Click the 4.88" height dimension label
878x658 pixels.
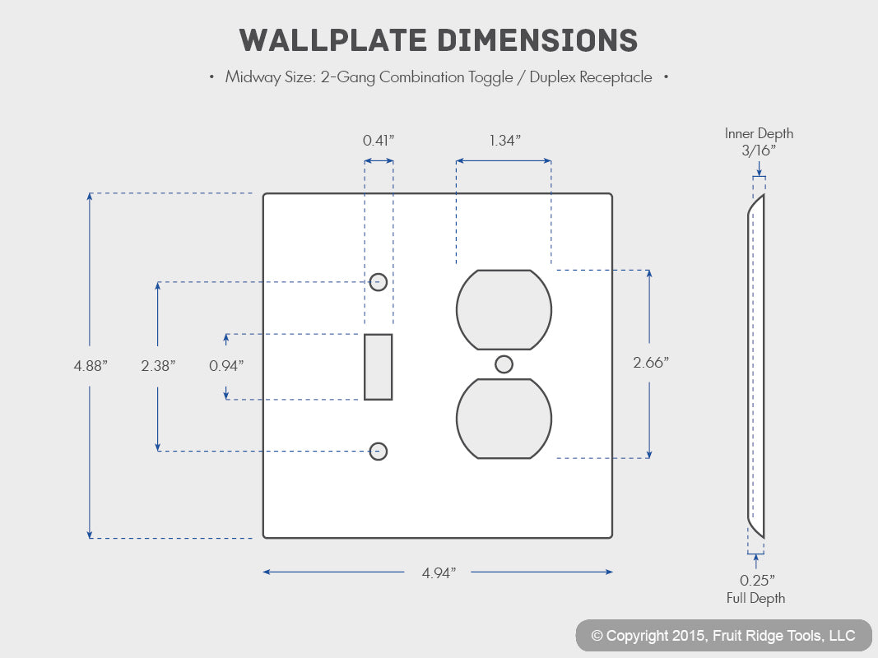91,366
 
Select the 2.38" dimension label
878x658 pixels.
158,366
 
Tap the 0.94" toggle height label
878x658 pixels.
226,366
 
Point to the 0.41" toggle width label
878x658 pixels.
379,141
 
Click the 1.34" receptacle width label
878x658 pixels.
505,141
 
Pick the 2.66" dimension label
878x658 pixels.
651,363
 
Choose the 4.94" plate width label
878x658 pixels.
439,573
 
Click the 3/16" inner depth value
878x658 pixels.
759,151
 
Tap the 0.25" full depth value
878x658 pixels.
756,580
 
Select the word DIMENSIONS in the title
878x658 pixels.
537,40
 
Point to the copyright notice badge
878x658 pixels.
723,636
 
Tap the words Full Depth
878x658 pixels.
756,598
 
